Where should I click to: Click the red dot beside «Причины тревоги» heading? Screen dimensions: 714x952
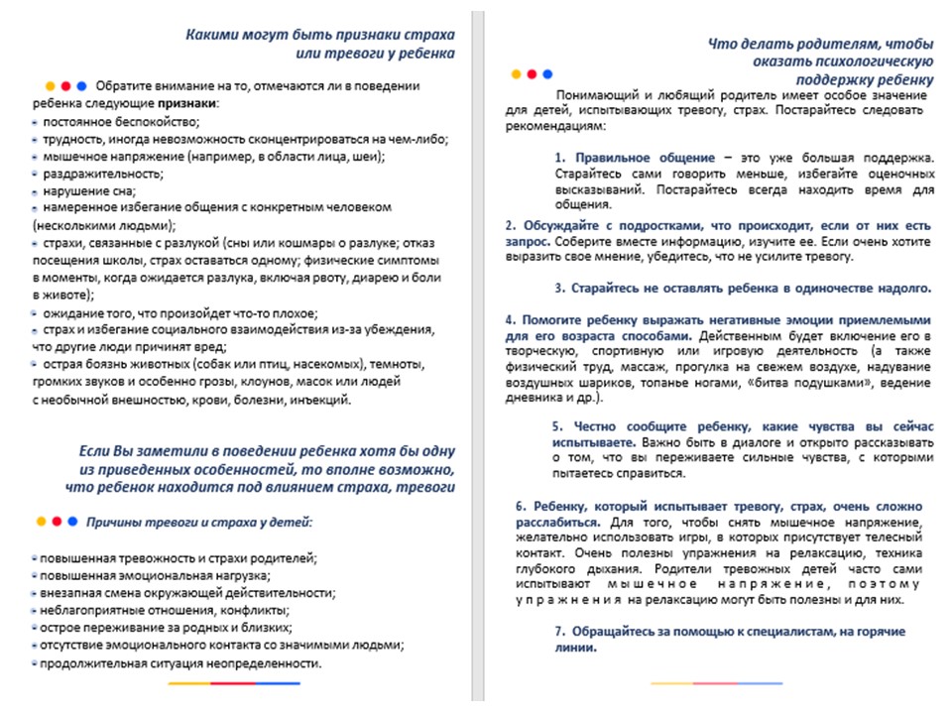tap(58, 521)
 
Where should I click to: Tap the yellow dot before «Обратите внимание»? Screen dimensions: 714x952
tap(48, 85)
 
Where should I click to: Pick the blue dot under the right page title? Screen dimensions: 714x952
tap(548, 73)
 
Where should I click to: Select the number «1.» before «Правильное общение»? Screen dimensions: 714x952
tap(560, 158)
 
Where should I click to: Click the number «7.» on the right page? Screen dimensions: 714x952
tap(560, 632)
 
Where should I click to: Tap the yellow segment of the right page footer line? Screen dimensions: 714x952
tap(671, 683)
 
